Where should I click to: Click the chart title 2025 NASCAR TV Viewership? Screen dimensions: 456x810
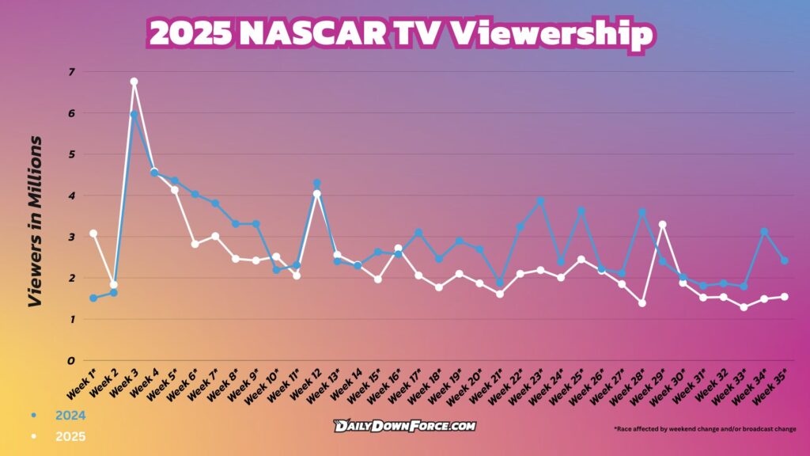pyautogui.click(x=401, y=34)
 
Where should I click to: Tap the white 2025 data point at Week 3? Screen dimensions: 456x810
pyautogui.click(x=134, y=82)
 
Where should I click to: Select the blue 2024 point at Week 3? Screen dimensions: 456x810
pyautogui.click(x=134, y=114)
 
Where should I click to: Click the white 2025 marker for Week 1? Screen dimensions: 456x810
pyautogui.click(x=93, y=234)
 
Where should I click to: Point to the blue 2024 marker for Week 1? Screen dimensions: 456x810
pyautogui.click(x=93, y=298)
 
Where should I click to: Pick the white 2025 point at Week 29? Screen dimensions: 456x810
pyautogui.click(x=662, y=224)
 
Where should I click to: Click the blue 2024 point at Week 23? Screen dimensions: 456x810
pyautogui.click(x=540, y=201)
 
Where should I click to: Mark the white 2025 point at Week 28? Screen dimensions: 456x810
pyautogui.click(x=642, y=303)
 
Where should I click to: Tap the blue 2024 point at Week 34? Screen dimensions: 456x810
pyautogui.click(x=764, y=231)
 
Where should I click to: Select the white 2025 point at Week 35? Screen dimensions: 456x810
pyautogui.click(x=784, y=297)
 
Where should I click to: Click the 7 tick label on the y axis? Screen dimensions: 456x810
pyautogui.click(x=70, y=72)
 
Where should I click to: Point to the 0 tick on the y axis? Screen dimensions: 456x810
pyautogui.click(x=70, y=360)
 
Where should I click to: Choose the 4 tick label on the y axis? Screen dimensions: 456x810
pyautogui.click(x=70, y=196)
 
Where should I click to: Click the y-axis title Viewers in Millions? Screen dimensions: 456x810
pyautogui.click(x=35, y=221)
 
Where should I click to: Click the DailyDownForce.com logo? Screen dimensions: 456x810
pyautogui.click(x=404, y=426)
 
